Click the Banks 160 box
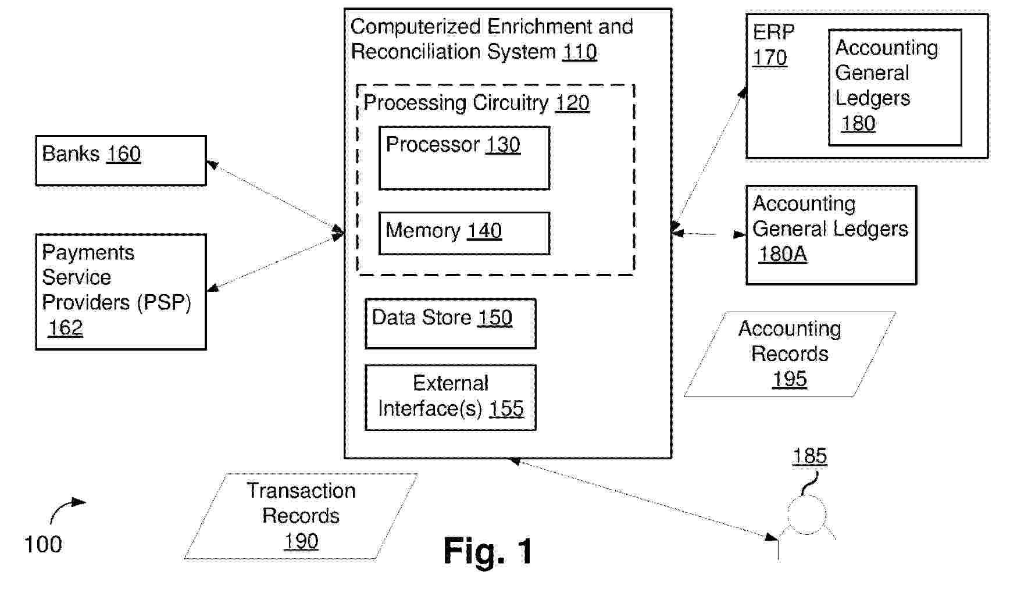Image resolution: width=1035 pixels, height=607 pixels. (x=121, y=161)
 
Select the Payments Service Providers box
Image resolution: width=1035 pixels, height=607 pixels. (x=121, y=292)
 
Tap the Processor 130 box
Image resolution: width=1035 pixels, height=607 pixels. (x=464, y=158)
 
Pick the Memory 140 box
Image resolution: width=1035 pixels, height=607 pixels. (x=464, y=233)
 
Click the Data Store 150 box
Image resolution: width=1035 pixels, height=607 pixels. (x=451, y=324)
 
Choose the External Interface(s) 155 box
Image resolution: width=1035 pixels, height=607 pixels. (x=451, y=398)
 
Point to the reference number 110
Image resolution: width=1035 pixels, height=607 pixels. (x=579, y=52)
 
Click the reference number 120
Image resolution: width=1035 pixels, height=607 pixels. (x=572, y=103)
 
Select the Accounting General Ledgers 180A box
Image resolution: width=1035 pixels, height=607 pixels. (x=831, y=235)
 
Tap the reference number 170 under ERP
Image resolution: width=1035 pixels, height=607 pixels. (x=770, y=58)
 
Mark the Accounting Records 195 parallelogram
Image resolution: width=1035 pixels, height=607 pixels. (x=790, y=355)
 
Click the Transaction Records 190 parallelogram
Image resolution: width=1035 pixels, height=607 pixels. (x=301, y=516)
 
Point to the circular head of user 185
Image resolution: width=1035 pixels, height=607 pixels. (x=807, y=515)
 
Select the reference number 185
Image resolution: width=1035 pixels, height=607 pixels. (x=809, y=456)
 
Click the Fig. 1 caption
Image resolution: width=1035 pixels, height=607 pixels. (x=488, y=551)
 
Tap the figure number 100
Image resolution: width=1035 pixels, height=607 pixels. (x=43, y=545)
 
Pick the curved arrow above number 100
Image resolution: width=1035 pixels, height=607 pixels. (x=65, y=509)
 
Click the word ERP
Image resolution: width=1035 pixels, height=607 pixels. (x=773, y=32)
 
